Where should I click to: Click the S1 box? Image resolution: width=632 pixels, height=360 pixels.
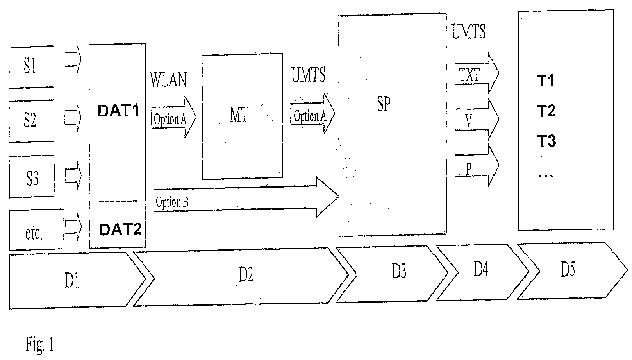(x=31, y=66)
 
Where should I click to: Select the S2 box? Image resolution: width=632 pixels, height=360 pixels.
(x=31, y=120)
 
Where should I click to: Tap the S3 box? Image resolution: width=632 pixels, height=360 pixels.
(x=32, y=176)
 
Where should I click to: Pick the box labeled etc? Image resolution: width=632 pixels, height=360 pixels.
(x=36, y=230)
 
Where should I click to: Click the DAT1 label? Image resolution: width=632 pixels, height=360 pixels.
(x=118, y=111)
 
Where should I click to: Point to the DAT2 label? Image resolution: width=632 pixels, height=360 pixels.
(x=120, y=229)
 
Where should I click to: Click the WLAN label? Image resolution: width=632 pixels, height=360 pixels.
(x=168, y=80)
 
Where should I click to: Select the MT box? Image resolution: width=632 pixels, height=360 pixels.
(x=242, y=116)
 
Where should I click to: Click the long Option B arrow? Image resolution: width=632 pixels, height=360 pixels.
(x=246, y=201)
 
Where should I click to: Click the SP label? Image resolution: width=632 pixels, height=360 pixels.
(x=384, y=104)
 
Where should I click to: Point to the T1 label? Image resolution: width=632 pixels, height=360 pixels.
(x=546, y=81)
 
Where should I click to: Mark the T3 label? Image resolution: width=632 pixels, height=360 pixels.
(x=546, y=141)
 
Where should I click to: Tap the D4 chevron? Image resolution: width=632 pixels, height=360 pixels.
(x=482, y=271)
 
